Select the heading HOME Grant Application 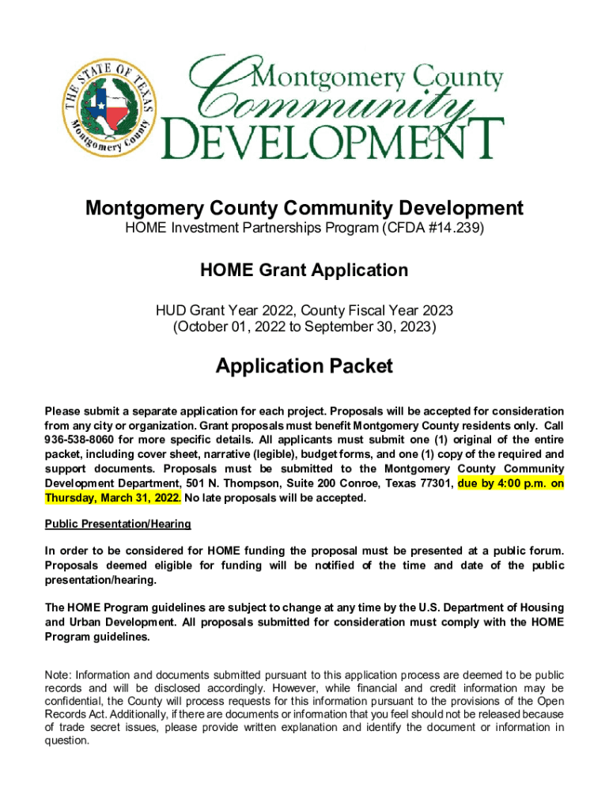point(304,271)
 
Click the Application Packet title point(304,366)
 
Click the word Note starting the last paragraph point(58,675)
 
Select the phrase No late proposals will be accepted point(275,498)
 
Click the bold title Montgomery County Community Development point(304,208)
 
